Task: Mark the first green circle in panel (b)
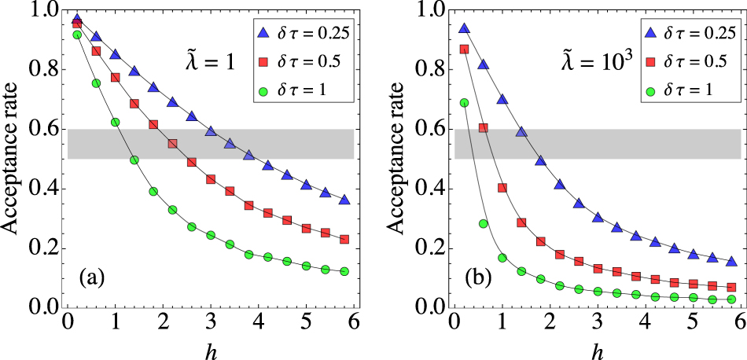click(x=464, y=103)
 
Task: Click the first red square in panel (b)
click(x=464, y=49)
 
